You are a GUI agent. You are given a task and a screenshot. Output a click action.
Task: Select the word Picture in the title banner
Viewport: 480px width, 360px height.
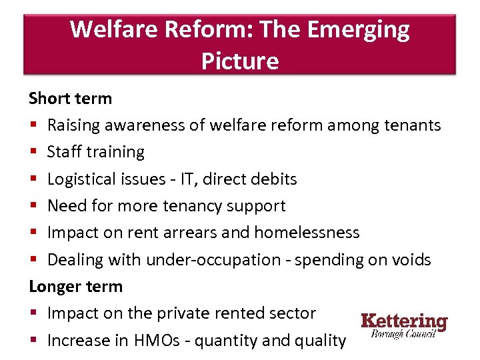pyautogui.click(x=239, y=61)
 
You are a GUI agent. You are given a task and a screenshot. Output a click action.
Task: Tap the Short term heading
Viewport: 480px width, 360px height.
pyautogui.click(x=70, y=99)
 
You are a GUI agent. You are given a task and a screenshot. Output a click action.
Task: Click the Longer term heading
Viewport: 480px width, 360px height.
pyautogui.click(x=75, y=287)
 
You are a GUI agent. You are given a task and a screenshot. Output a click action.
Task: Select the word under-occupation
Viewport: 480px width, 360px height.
pyautogui.click(x=213, y=260)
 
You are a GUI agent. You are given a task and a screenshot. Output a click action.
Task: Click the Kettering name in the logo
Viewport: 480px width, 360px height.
pyautogui.click(x=404, y=321)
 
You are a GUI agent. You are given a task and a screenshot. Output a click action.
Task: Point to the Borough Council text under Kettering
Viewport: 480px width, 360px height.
pyautogui.click(x=404, y=334)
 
